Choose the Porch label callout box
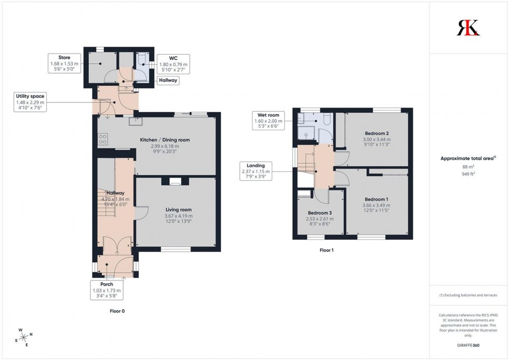click(106, 291)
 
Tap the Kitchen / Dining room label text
click(165, 140)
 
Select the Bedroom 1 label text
click(376, 199)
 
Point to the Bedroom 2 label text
click(377, 134)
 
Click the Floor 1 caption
click(327, 250)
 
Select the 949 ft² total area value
click(468, 174)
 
